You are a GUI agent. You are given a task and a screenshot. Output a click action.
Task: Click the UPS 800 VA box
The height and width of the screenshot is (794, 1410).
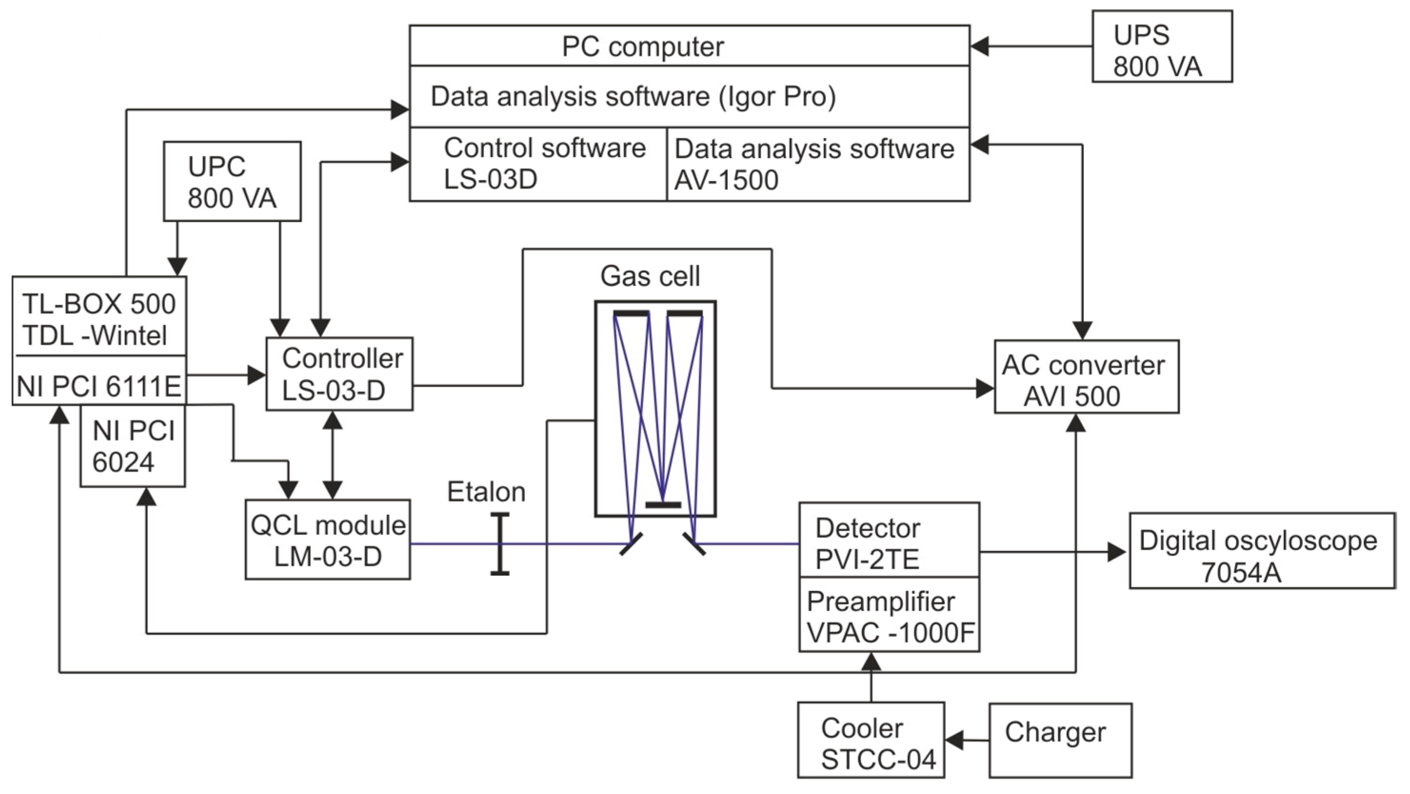coord(1162,47)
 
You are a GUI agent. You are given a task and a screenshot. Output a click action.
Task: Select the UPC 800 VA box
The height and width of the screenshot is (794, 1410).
coord(232,182)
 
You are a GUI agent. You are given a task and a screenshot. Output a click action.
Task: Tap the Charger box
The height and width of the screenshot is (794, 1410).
coord(1060,740)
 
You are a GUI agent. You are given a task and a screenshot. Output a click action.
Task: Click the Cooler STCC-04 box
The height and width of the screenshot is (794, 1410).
coord(871,740)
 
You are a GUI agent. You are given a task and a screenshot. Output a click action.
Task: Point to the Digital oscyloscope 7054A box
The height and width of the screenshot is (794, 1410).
coord(1261,551)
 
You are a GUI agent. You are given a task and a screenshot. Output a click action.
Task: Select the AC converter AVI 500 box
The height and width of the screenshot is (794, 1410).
coord(1086,377)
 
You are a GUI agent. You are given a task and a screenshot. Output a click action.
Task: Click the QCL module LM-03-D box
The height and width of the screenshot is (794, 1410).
coord(328,540)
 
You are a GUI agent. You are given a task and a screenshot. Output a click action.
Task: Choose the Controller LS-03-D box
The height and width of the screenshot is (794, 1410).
coord(339,374)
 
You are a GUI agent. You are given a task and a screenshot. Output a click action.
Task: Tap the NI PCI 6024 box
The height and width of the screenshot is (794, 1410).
coord(133,446)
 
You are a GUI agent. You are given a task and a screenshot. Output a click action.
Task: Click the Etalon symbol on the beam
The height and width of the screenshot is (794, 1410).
coord(499,544)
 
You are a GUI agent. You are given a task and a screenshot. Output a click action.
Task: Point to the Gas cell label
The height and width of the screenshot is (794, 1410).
coord(650,276)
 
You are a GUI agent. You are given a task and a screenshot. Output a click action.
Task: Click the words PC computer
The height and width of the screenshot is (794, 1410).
coord(643,47)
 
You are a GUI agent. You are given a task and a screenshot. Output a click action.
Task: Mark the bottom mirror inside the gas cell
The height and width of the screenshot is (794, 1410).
coord(663,505)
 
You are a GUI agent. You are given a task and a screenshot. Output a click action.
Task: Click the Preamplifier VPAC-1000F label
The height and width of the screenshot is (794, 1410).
coord(889,617)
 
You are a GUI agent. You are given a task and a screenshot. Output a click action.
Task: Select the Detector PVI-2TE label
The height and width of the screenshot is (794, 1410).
coord(868,543)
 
